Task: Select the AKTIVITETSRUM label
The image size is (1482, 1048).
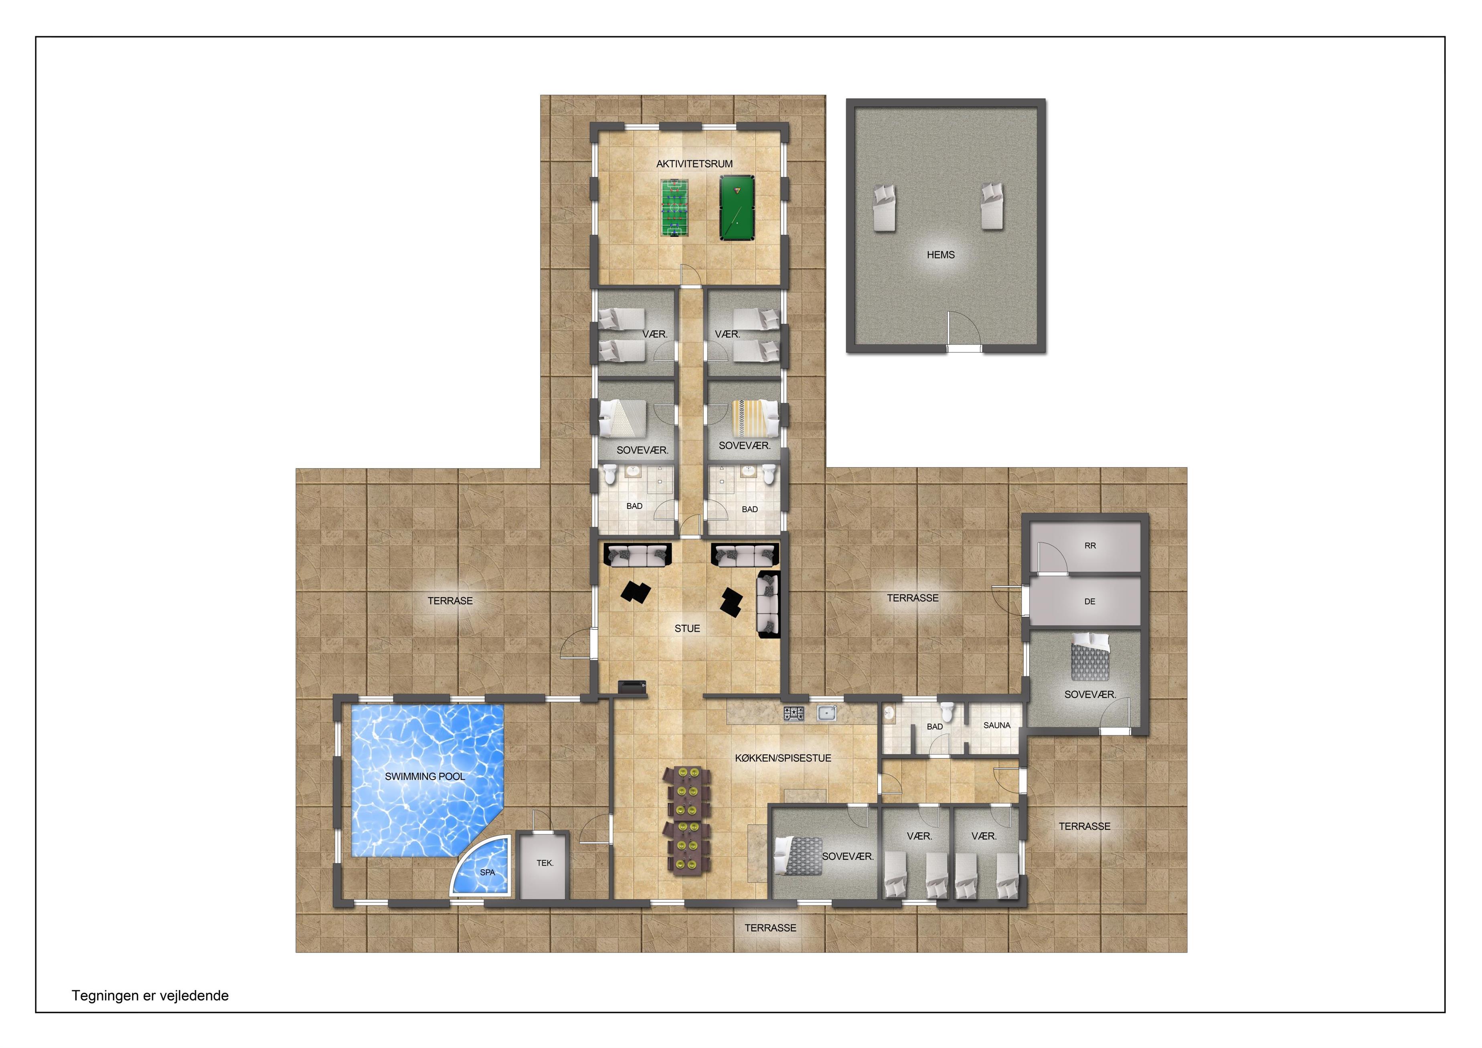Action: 694,164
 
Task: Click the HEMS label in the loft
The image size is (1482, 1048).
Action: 940,255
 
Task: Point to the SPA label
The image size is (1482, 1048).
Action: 487,872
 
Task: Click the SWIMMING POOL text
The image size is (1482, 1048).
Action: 425,776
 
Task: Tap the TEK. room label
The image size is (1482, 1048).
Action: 545,863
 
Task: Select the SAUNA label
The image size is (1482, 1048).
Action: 996,725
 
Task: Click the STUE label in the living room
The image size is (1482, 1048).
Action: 687,628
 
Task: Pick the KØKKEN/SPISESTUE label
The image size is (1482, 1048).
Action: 783,758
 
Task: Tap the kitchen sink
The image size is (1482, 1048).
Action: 827,713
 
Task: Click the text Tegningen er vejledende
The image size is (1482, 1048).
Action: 150,996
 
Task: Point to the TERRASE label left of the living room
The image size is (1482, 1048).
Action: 450,600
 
